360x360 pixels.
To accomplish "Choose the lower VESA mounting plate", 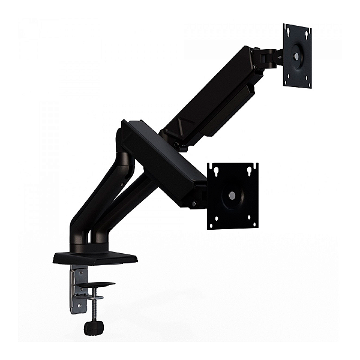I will tap(233, 196).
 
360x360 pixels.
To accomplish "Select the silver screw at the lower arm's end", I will tap(193, 204).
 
